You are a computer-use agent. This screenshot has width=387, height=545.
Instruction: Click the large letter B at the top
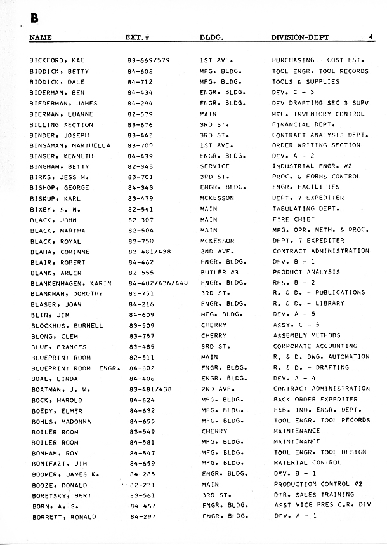34,19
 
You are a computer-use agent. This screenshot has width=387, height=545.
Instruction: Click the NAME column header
41,37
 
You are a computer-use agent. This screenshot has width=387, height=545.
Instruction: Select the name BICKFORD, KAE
58,61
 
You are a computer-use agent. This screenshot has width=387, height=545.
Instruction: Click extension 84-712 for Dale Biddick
140,82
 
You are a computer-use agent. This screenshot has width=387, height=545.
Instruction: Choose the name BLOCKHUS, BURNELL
66,326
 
